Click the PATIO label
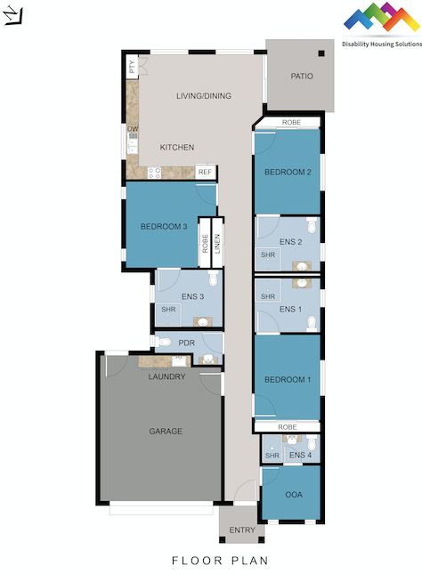click(302, 77)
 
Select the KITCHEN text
click(176, 148)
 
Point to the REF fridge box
click(205, 172)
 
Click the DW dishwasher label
click(132, 129)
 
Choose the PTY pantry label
click(132, 65)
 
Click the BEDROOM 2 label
click(288, 173)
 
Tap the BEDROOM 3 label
click(164, 226)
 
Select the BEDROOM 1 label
click(288, 380)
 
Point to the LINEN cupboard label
click(216, 242)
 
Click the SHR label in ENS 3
click(168, 310)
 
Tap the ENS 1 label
click(291, 310)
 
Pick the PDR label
click(187, 343)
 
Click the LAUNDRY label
click(166, 376)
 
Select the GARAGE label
click(166, 432)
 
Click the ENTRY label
click(241, 530)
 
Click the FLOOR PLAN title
click(210, 561)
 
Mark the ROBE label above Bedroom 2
click(291, 122)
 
